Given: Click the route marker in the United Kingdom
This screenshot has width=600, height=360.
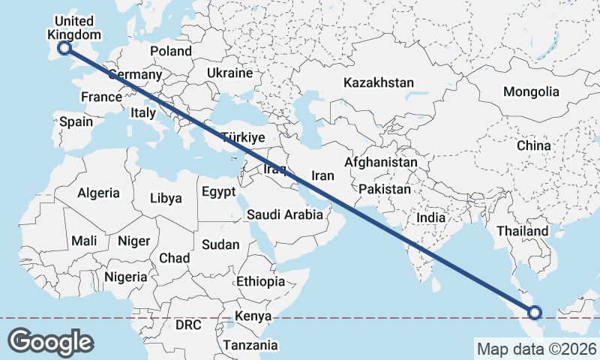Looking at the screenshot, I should (64, 48).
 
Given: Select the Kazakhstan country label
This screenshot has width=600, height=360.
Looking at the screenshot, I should (379, 82).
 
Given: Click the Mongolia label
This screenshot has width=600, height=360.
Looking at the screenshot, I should (531, 91).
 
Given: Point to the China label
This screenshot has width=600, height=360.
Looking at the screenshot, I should (533, 145).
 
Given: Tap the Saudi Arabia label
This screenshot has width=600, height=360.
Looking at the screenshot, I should (285, 214).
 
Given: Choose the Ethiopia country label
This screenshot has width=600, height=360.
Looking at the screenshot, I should (260, 281).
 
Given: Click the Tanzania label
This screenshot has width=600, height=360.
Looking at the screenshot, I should (249, 346).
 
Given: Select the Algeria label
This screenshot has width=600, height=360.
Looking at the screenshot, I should (98, 193).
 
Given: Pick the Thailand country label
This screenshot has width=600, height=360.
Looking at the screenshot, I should (522, 231).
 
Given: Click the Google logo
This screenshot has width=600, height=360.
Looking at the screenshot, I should (50, 342).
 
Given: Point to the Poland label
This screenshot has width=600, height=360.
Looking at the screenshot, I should (171, 51).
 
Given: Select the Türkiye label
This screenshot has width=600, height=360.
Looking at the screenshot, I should (243, 137).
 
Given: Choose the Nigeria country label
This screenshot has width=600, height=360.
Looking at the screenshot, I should (126, 276).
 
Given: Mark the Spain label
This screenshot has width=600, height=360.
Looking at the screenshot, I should (76, 121).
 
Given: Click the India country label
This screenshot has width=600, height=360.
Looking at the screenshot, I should (431, 217).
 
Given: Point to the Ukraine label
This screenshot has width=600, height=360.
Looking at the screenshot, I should (229, 73).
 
